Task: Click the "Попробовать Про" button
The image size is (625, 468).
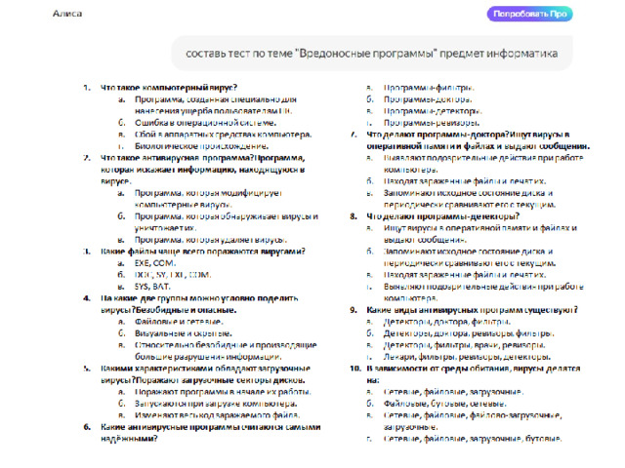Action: click(x=531, y=15)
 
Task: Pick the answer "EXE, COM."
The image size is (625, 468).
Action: click(x=156, y=263)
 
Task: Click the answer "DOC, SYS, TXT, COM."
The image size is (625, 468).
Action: click(x=173, y=275)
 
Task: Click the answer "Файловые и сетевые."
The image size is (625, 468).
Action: click(x=179, y=321)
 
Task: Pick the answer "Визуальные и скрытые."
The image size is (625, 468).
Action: click(x=182, y=332)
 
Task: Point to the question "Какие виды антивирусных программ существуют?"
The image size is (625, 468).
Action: click(x=472, y=310)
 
